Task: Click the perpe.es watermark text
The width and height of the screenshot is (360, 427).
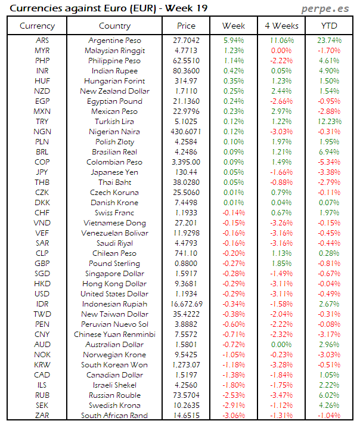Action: tap(325, 9)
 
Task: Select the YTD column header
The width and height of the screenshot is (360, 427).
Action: tap(330, 26)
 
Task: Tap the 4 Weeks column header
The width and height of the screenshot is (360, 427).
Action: tap(281, 26)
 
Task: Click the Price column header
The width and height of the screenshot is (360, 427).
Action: tap(186, 26)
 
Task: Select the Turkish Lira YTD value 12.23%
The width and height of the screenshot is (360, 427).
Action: tap(330, 122)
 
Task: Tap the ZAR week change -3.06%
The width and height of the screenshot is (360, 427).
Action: tap(233, 416)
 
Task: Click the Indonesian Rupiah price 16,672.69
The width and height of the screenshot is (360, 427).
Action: tap(186, 304)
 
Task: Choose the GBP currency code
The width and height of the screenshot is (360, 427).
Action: tap(42, 264)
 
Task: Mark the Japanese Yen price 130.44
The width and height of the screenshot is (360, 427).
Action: tap(186, 172)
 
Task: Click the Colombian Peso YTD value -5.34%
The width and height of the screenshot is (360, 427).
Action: tap(330, 162)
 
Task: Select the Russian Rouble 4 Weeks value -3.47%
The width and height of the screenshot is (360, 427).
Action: tap(281, 395)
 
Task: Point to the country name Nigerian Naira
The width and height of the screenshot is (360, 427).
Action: tap(114, 132)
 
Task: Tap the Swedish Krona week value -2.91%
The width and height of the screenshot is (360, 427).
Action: tap(233, 406)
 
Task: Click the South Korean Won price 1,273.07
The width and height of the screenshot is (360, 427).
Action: tap(186, 365)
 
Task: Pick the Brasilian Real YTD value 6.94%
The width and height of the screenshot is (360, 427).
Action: tap(330, 152)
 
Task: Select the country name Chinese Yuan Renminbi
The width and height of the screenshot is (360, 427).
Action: tap(114, 335)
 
